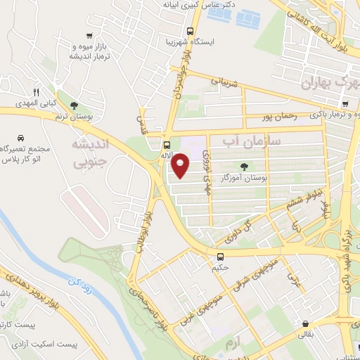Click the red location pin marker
click(180, 165)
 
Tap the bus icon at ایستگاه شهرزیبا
click(191, 31)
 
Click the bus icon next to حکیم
click(221, 257)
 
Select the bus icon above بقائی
click(304, 325)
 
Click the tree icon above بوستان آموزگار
click(244, 167)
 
